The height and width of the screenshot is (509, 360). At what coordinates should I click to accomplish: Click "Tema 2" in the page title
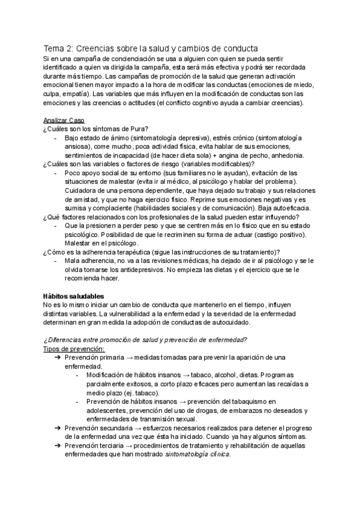[x=59, y=47]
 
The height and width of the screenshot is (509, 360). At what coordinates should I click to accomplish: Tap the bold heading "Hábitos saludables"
[x=74, y=296]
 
